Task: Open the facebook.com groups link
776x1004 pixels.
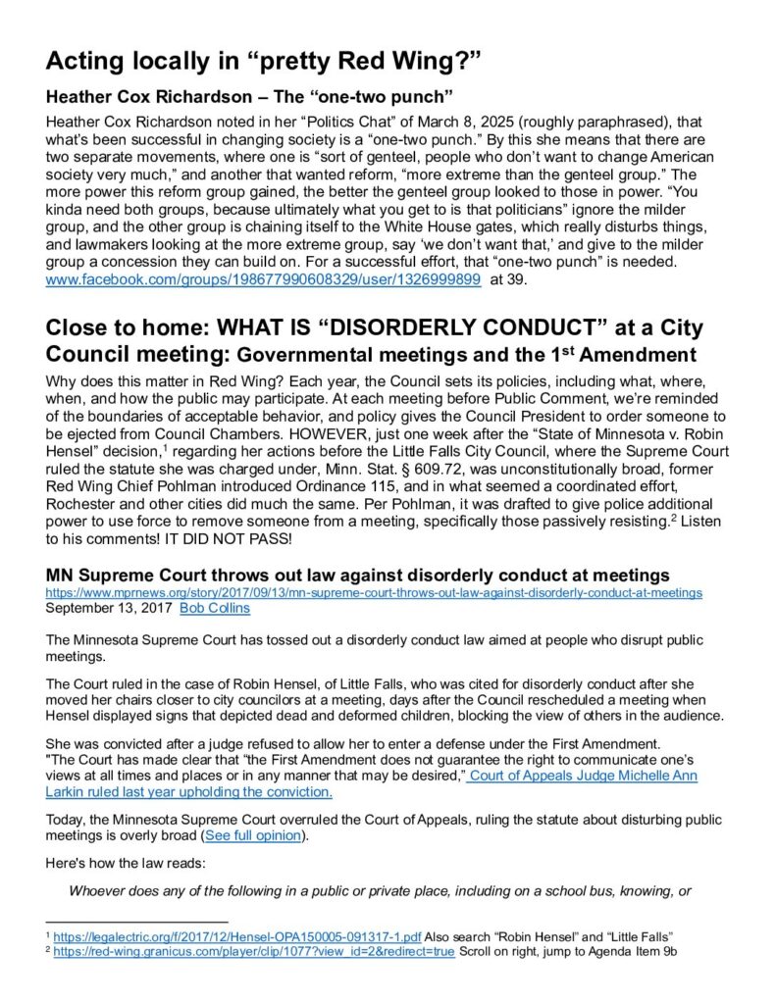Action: pyautogui.click(x=263, y=279)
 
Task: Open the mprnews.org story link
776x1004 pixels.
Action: pyautogui.click(x=374, y=592)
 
